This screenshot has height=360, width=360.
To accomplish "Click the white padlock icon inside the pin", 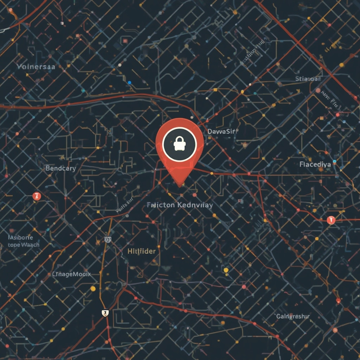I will click(x=179, y=143).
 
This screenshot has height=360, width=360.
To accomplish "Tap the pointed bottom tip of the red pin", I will click(x=180, y=185).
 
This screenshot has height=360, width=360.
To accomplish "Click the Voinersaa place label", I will click(x=36, y=66).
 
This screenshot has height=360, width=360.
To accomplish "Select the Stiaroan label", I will click(x=308, y=79).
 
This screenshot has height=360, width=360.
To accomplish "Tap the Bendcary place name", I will click(x=60, y=168).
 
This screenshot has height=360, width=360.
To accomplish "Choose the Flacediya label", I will click(x=315, y=164).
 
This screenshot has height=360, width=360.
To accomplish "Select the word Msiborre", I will click(x=20, y=237).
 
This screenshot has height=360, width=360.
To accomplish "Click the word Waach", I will click(x=30, y=245).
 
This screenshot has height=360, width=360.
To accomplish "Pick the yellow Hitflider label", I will click(x=141, y=251).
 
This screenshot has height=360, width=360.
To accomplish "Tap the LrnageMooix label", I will click(x=71, y=274).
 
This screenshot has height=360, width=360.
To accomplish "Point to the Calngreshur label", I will click(x=293, y=316).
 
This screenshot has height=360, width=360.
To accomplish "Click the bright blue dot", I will click(x=129, y=82).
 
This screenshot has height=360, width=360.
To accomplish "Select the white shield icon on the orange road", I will click(x=105, y=313).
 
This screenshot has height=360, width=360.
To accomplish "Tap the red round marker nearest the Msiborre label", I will click(x=37, y=196).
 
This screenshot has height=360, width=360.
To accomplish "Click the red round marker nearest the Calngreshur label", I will click(x=338, y=301).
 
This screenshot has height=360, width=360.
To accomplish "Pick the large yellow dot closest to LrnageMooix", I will click(x=93, y=289).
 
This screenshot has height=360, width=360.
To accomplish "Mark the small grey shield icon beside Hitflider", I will click(x=108, y=239).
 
